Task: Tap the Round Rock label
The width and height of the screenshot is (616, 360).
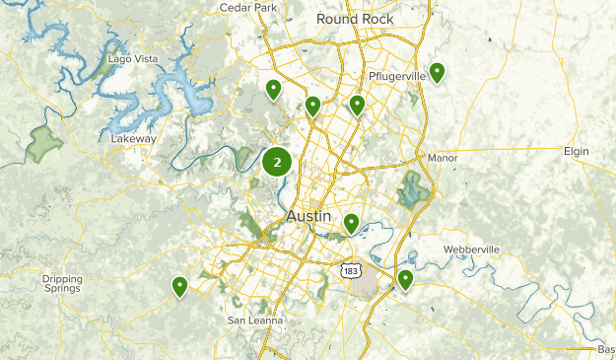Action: point(355,19)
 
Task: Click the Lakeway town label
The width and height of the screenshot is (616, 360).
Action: point(133,139)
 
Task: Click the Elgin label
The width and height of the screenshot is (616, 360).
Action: point(576,151)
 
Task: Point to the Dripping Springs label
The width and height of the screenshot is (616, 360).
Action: point(62,284)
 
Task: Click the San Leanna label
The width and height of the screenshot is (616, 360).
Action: point(255,321)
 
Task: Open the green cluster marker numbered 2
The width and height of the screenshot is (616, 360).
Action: point(277,162)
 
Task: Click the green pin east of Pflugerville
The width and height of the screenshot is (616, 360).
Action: point(436,72)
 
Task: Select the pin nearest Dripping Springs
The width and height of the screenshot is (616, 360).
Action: point(180,286)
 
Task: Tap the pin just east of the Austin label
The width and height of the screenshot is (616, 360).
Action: point(351,224)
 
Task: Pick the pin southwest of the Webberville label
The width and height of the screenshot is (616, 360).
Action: point(405,280)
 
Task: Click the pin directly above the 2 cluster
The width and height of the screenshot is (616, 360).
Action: point(273,90)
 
